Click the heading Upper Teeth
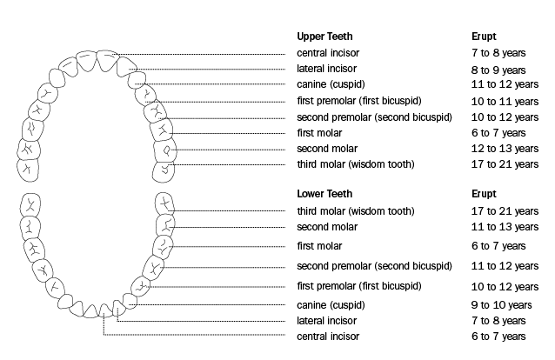coord(324,37)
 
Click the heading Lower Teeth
coord(324,194)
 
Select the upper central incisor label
coord(328,53)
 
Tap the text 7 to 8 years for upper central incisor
coord(498,53)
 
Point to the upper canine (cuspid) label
coord(331,84)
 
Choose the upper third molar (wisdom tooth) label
coord(356,164)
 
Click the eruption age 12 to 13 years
coord(505,149)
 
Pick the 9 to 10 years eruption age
coord(502,304)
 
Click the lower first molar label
coord(319,246)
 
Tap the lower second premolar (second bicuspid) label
coord(374,266)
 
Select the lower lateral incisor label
coord(326,321)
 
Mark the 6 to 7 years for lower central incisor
coord(498,337)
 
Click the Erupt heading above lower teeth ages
coord(484,194)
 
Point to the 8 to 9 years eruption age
coord(498,70)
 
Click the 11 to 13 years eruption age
coord(505,227)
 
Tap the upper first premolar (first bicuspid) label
coord(359,101)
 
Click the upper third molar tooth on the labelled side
coord(164,172)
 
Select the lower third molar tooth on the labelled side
coord(164,203)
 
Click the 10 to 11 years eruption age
coord(505,102)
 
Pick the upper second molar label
coord(327,149)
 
